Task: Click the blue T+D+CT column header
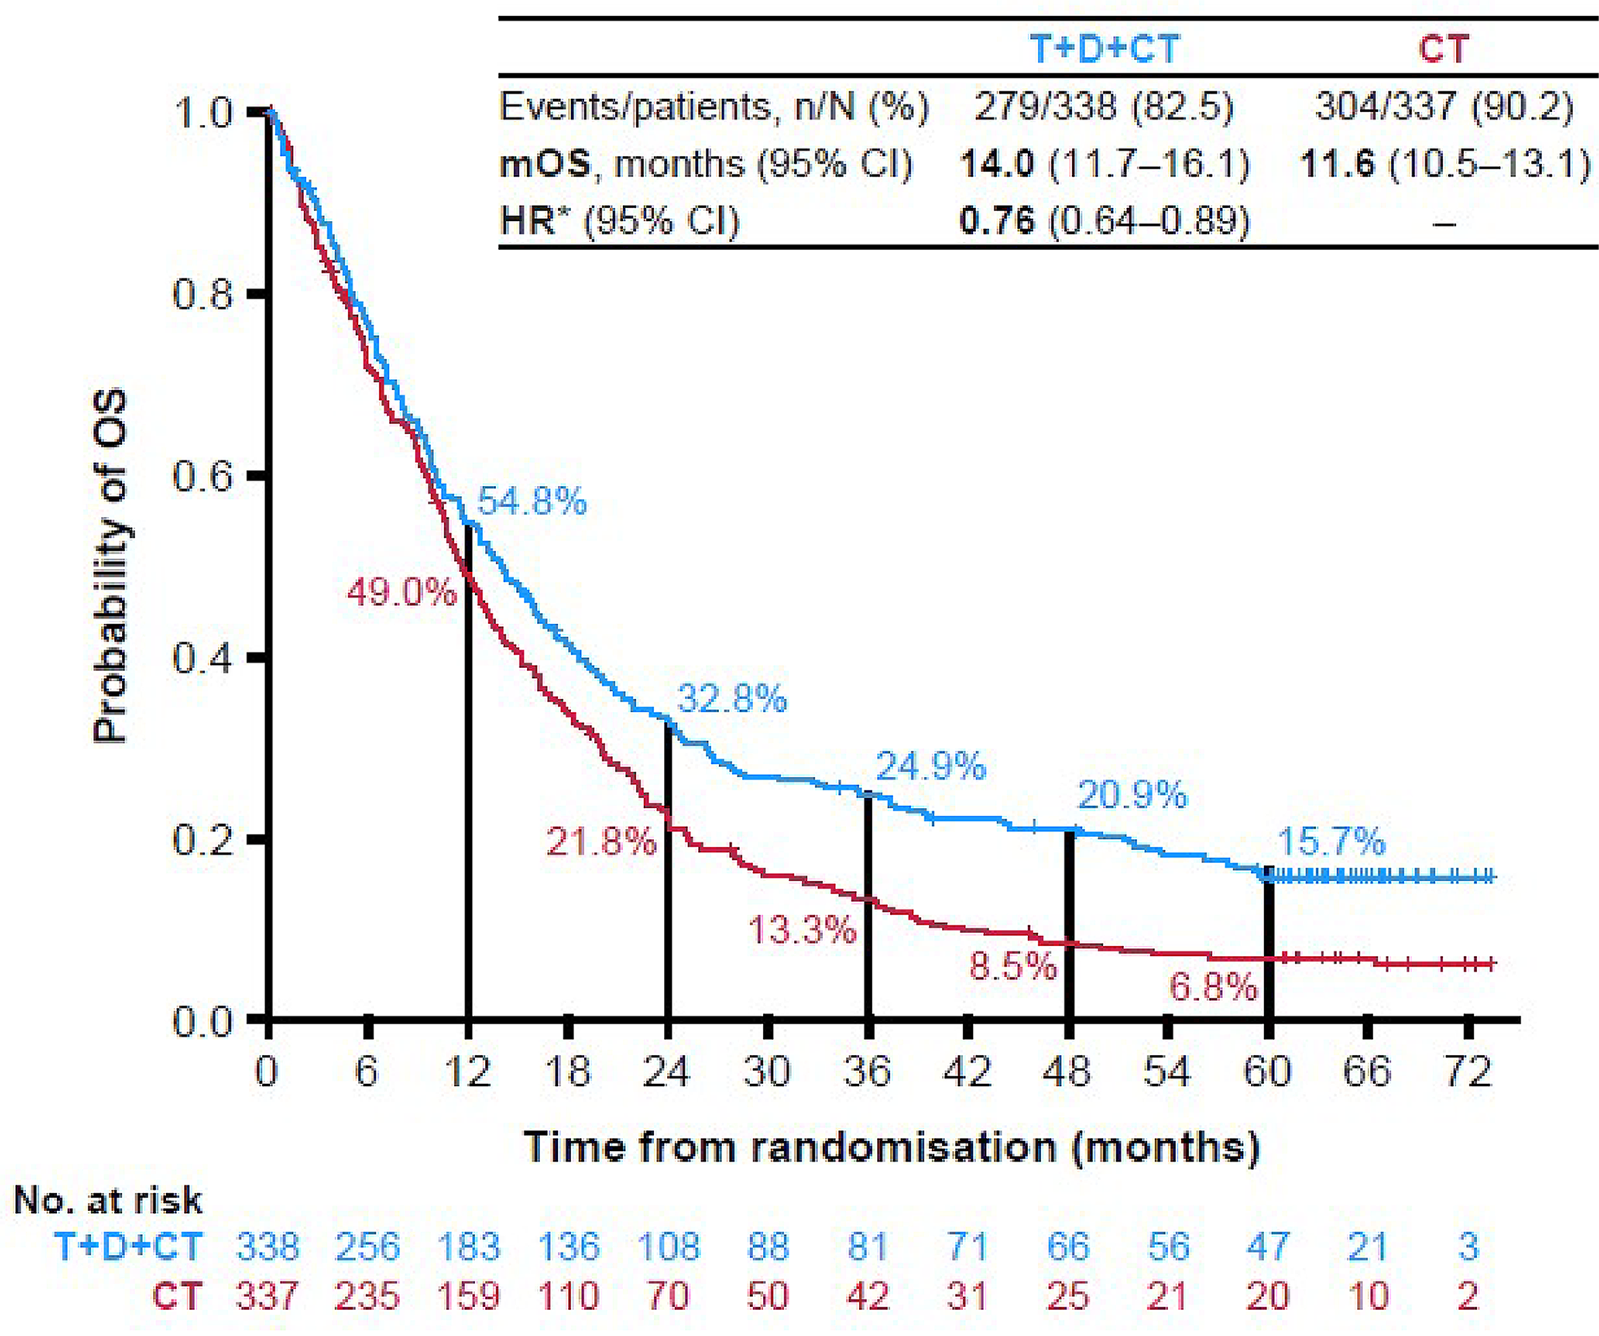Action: [1103, 50]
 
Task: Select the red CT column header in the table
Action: [1444, 50]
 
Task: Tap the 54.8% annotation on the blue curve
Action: [532, 503]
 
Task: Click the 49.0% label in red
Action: [401, 592]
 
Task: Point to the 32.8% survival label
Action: [731, 698]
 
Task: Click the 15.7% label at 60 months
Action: [1330, 842]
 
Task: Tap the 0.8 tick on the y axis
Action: [203, 294]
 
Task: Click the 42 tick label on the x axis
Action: [968, 1072]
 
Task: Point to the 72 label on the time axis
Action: [1468, 1072]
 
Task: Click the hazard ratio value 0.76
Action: [997, 221]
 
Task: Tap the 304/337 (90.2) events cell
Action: [1444, 107]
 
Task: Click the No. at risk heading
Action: [108, 1201]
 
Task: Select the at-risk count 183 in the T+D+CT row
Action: [468, 1247]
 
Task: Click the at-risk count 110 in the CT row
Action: [568, 1296]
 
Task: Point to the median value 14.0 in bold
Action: [997, 165]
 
